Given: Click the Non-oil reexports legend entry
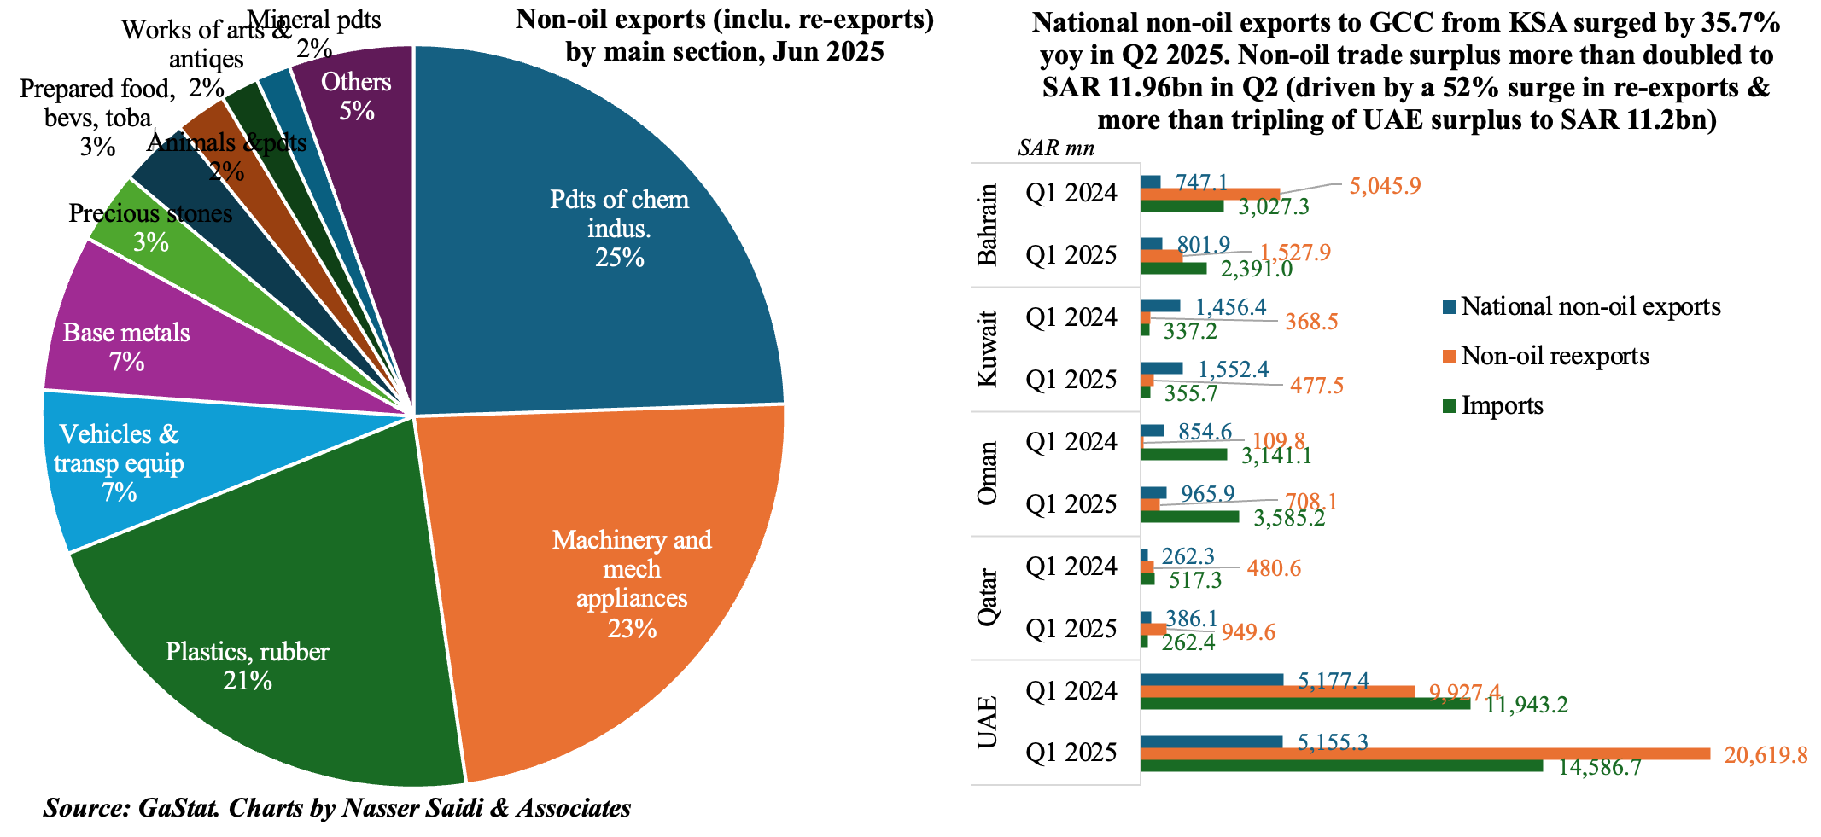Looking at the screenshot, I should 1554,356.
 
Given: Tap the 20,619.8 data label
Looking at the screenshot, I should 1766,754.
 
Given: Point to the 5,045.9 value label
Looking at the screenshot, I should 1385,185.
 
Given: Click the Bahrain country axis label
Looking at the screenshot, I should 988,224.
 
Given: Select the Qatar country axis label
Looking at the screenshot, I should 988,597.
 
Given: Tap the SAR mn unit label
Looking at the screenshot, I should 1056,148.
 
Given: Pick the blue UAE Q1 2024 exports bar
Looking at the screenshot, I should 1211,679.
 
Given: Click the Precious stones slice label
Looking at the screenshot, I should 150,213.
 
